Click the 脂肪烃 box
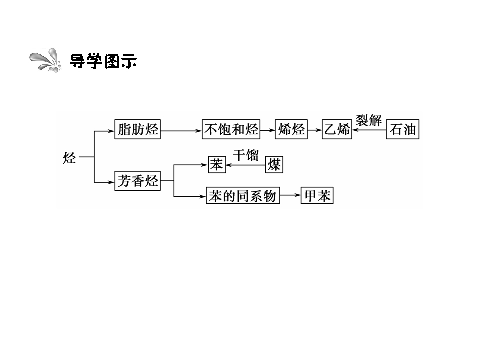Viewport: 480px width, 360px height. (x=138, y=129)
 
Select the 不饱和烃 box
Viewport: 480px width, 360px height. (x=231, y=129)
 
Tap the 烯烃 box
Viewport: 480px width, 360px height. (x=291, y=129)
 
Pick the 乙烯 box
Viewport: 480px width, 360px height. (x=337, y=129)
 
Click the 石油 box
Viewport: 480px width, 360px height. (x=403, y=129)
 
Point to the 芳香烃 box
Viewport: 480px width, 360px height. (x=138, y=181)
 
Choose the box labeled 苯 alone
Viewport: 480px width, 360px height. (x=217, y=164)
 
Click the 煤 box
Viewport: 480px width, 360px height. (x=274, y=164)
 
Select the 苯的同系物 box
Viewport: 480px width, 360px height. (x=243, y=195)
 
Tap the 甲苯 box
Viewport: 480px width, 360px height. (x=317, y=195)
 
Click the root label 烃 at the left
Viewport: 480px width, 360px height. (x=69, y=158)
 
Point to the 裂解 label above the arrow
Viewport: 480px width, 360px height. (x=369, y=120)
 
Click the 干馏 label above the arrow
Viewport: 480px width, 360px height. (x=246, y=155)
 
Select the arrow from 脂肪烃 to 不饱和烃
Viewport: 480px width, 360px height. (x=181, y=131)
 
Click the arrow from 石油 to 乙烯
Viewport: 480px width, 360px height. (x=369, y=130)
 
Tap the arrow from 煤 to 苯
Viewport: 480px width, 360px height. (x=246, y=165)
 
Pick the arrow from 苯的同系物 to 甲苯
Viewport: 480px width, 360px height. (x=290, y=195)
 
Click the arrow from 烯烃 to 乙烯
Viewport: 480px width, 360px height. (x=315, y=130)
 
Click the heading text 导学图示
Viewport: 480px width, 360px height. (x=103, y=61)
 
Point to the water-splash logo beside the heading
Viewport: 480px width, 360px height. (x=46, y=60)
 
